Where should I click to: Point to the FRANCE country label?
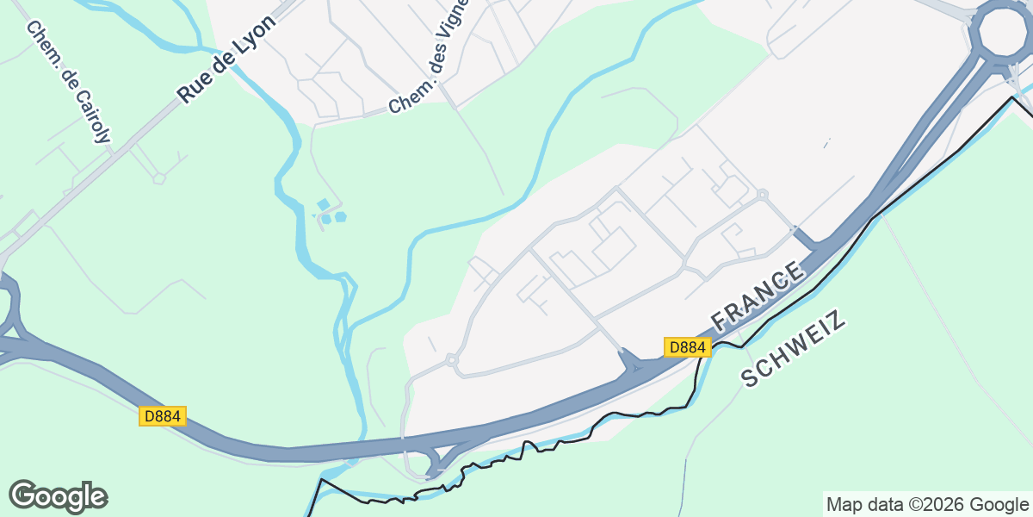click(x=758, y=296)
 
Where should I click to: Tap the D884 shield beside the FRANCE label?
click(x=687, y=347)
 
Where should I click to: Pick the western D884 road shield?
click(x=162, y=416)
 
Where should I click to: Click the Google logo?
click(x=58, y=497)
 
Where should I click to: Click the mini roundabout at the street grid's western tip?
click(x=451, y=359)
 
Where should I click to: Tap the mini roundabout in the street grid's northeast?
click(x=762, y=194)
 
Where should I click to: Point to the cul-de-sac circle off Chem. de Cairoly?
click(x=159, y=178)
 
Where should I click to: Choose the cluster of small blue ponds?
click(x=330, y=212)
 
